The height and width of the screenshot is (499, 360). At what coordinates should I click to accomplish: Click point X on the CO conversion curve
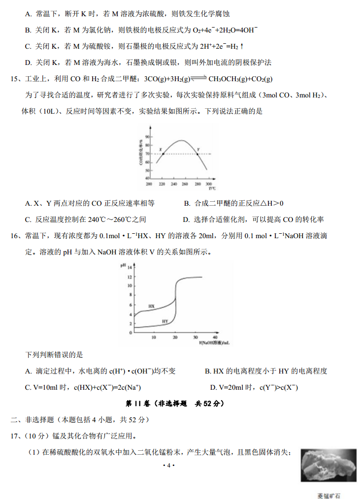163,154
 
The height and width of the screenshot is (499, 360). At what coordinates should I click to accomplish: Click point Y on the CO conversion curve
198,154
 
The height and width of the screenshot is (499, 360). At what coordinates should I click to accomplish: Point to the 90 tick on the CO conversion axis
147,136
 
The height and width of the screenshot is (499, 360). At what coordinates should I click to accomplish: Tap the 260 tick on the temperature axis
185,184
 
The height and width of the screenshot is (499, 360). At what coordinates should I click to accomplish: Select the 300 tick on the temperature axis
209,184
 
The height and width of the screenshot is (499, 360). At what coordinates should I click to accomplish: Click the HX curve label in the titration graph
151,306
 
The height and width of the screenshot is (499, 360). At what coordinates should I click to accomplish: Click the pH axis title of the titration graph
123,266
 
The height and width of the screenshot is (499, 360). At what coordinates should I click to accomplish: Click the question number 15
15,79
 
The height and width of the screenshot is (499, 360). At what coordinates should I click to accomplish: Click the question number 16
15,236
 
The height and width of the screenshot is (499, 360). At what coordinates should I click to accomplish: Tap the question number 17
15,436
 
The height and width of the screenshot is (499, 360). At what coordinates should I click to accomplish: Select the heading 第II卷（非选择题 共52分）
175,404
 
